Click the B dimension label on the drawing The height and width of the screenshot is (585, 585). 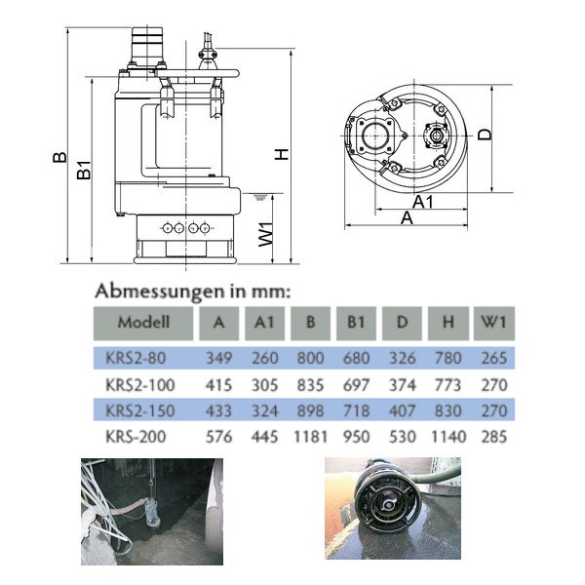59,157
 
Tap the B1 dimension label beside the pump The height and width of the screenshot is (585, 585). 84,170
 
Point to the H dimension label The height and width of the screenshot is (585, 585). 282,154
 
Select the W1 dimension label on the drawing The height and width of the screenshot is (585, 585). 265,234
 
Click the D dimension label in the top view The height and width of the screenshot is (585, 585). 485,135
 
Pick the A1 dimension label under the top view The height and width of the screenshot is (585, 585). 423,202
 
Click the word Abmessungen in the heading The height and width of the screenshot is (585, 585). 159,292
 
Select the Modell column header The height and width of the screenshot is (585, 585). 143,323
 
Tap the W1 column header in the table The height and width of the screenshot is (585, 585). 493,323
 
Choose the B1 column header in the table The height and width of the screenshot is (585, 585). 356,323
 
